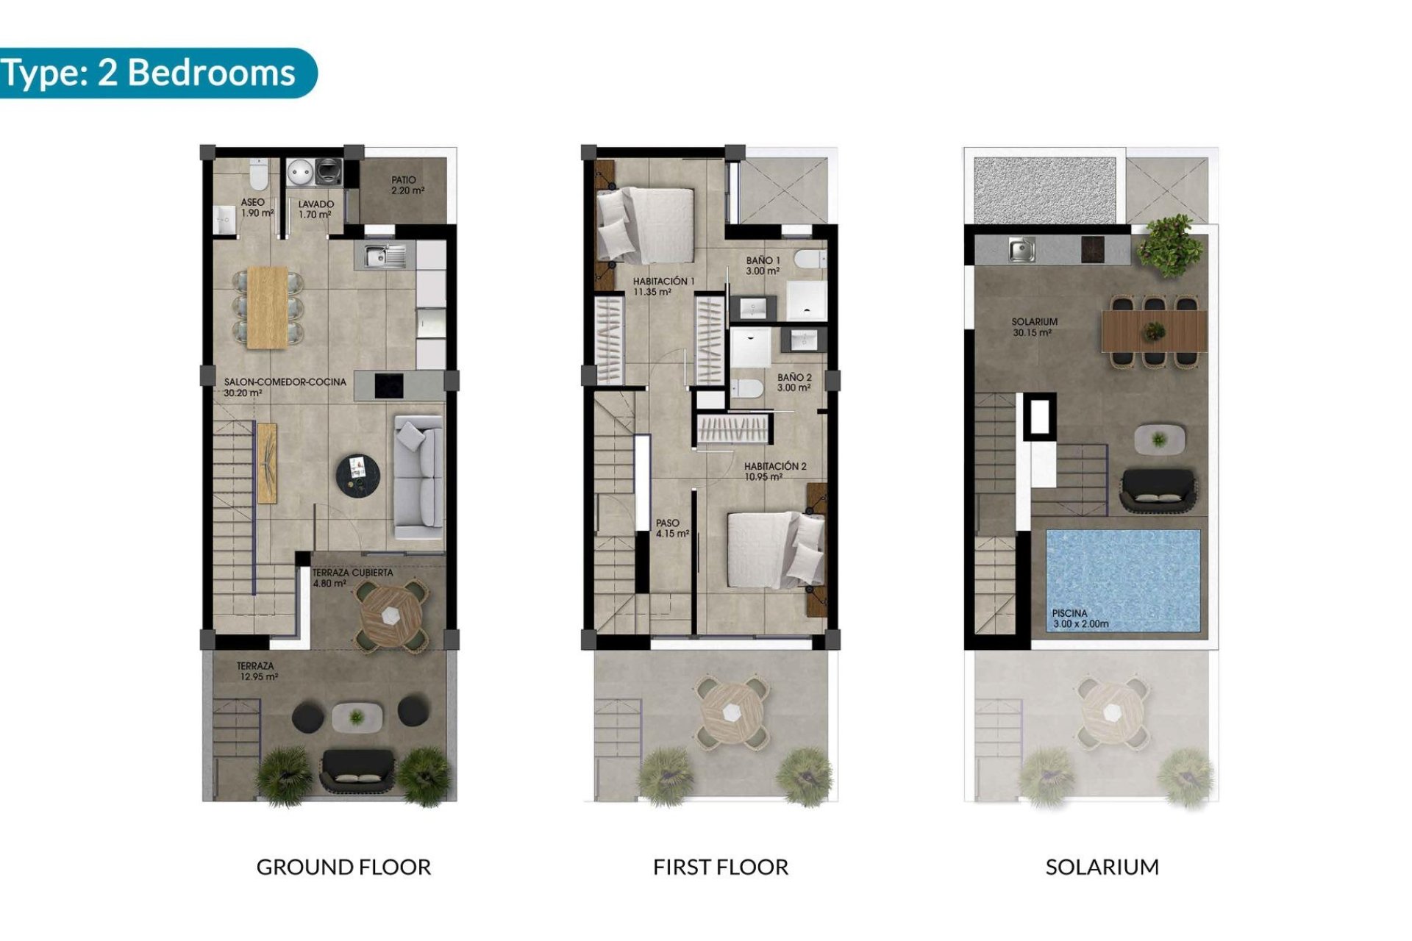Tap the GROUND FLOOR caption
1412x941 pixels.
pyautogui.click(x=343, y=867)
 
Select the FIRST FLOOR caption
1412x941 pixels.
pyautogui.click(x=720, y=867)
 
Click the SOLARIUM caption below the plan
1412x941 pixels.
pyautogui.click(x=1102, y=867)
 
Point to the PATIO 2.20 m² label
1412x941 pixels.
pyautogui.click(x=407, y=185)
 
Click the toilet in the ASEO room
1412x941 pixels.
pyautogui.click(x=258, y=175)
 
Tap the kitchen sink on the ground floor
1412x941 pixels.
pyautogui.click(x=379, y=257)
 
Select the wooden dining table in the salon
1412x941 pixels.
pyautogui.click(x=268, y=307)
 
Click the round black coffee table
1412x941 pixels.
pyautogui.click(x=358, y=475)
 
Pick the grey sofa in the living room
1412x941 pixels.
pyautogui.click(x=418, y=477)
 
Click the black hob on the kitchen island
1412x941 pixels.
pyautogui.click(x=389, y=385)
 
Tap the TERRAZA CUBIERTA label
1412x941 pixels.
pyautogui.click(x=352, y=577)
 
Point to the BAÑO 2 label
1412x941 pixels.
pyautogui.click(x=794, y=382)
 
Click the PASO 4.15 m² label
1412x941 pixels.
pyautogui.click(x=671, y=528)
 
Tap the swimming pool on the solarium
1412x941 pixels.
pyautogui.click(x=1122, y=580)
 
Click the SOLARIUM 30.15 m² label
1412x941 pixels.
pyautogui.click(x=1034, y=327)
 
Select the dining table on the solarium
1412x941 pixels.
pyautogui.click(x=1153, y=332)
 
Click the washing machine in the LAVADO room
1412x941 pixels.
pyautogui.click(x=328, y=172)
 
